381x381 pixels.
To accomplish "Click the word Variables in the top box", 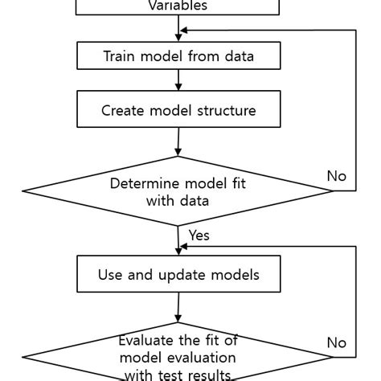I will pyautogui.click(x=178, y=6).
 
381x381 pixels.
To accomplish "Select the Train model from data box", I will pyautogui.click(x=178, y=56).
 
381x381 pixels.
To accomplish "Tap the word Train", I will pyautogui.click(x=121, y=56).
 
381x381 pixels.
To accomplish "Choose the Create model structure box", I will pyautogui.click(x=178, y=110).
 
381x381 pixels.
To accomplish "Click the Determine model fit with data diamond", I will pyautogui.click(x=178, y=191).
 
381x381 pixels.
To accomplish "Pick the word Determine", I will pyautogui.click(x=140, y=182).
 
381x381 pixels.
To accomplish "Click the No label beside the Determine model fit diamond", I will pyautogui.click(x=337, y=175).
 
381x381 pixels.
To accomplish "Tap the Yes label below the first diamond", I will pyautogui.click(x=199, y=236).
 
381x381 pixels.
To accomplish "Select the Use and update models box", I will pyautogui.click(x=178, y=275).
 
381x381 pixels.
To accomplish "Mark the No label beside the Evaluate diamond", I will pyautogui.click(x=337, y=342).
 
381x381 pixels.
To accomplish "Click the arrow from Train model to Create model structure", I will pyautogui.click(x=178, y=80).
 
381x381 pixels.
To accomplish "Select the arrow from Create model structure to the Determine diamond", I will pyautogui.click(x=178, y=141).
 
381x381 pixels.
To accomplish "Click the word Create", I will pyautogui.click(x=121, y=111).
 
